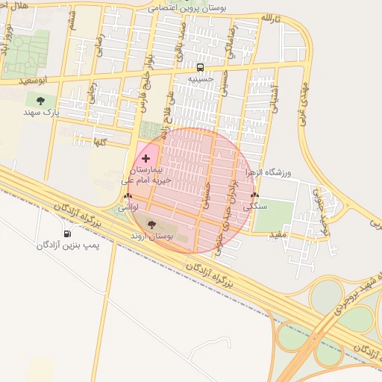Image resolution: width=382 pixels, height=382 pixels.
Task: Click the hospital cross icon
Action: click(x=145, y=158)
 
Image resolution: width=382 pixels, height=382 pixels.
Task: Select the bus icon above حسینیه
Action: click(x=200, y=66)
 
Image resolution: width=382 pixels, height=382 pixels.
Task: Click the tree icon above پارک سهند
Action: click(x=40, y=101)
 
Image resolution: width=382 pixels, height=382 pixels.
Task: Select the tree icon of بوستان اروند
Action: click(x=151, y=224)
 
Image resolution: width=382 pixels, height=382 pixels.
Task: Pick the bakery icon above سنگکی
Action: click(x=254, y=195)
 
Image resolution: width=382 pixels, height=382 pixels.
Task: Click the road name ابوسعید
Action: click(x=35, y=80)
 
